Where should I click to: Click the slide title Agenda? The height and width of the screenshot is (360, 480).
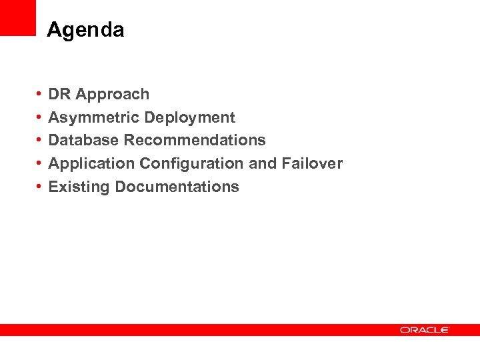tap(85, 30)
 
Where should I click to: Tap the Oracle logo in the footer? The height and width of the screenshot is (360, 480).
tap(425, 330)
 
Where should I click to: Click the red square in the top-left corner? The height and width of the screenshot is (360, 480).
tap(17, 17)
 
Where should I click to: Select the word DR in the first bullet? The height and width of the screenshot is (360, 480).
tap(59, 95)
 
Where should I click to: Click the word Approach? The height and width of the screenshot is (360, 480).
tap(113, 95)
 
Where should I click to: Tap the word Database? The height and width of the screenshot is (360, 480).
tap(84, 140)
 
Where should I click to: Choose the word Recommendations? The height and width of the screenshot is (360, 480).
tap(195, 140)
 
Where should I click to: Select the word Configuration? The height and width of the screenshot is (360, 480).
tap(191, 163)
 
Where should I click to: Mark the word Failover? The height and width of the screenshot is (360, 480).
tap(312, 163)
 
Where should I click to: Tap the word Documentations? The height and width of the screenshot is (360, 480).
tap(177, 187)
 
